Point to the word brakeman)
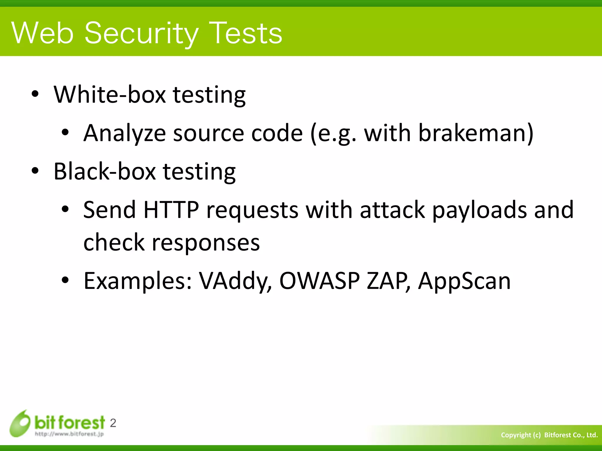[x=475, y=133]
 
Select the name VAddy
[x=235, y=281]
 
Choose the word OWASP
[x=319, y=281]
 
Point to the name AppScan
[x=464, y=281]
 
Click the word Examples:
[x=138, y=281]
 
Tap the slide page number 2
[x=113, y=423]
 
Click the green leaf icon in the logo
[x=20, y=423]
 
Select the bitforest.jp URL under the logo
[x=69, y=434]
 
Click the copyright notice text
[x=549, y=435]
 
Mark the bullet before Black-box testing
[x=35, y=171]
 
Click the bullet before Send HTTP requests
[x=65, y=210]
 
